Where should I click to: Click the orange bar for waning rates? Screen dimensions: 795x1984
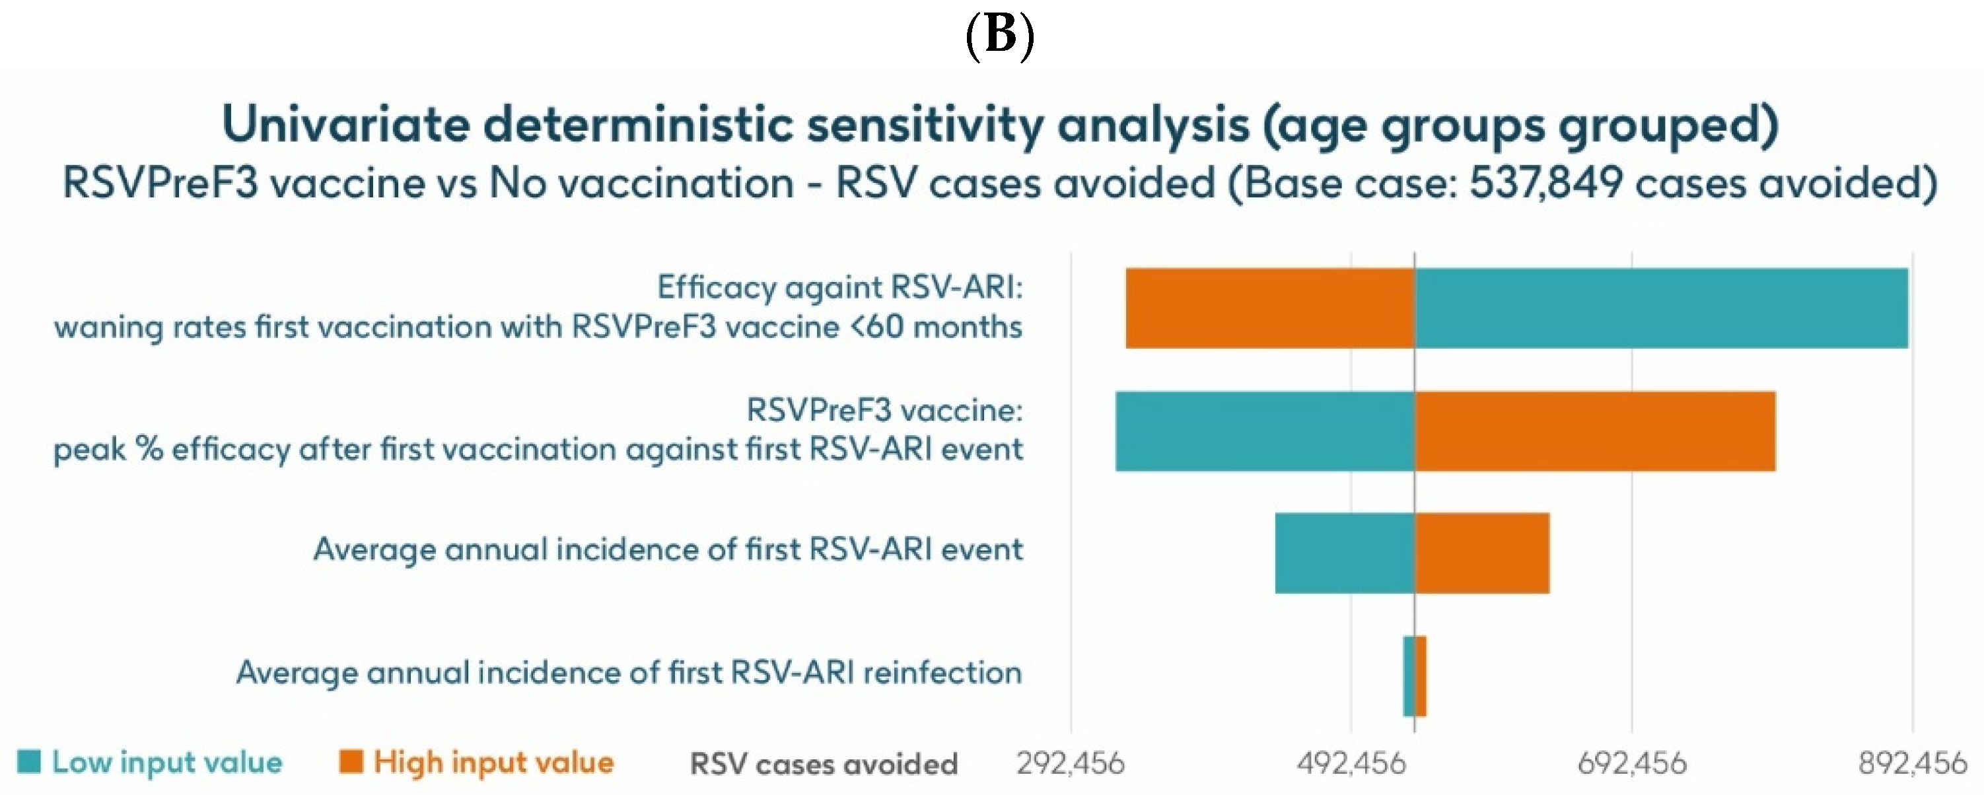1269,308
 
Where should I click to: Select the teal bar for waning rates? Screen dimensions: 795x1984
1660,308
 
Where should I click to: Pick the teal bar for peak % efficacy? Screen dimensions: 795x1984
1265,431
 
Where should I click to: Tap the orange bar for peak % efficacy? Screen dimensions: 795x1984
1594,431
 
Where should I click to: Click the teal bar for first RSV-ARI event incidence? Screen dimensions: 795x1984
1344,553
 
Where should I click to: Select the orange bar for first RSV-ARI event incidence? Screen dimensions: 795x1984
1482,553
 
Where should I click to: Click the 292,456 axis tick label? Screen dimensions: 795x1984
1070,763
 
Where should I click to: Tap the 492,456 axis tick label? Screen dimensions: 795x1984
1351,763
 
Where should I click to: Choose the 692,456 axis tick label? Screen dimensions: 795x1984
1631,763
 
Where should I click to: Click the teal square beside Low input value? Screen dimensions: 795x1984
28,761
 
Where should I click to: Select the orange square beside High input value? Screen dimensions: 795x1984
351,761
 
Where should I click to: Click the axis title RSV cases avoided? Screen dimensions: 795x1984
824,763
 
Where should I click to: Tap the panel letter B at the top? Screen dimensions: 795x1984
999,34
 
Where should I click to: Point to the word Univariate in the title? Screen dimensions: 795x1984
345,125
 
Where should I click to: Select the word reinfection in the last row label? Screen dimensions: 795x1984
942,672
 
